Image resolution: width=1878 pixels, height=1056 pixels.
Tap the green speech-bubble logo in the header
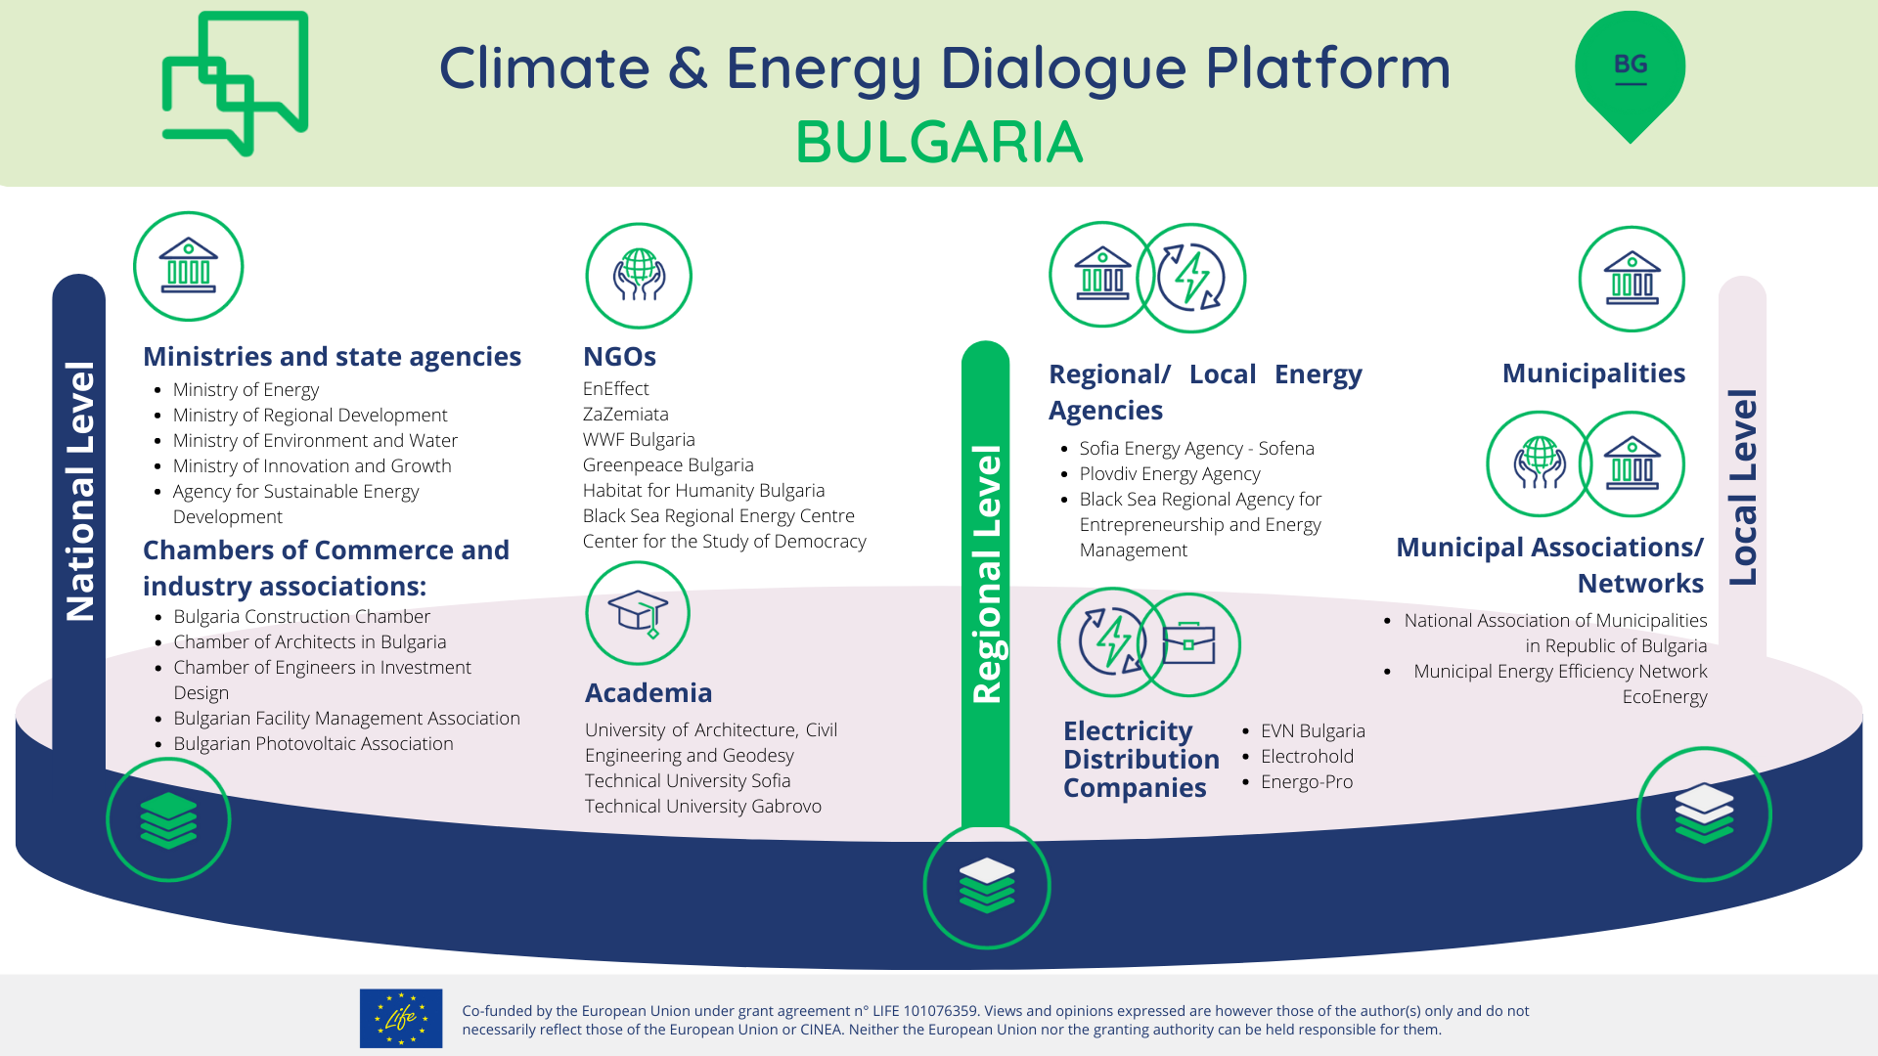(235, 84)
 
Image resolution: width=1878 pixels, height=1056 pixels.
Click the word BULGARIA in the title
(939, 143)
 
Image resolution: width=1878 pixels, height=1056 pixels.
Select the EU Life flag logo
(401, 1018)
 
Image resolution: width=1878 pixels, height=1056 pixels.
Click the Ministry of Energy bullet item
(246, 390)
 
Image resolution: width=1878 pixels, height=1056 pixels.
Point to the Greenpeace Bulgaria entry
(668, 465)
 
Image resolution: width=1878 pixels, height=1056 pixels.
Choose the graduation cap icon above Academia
(638, 614)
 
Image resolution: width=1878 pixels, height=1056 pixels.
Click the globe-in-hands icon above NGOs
(639, 276)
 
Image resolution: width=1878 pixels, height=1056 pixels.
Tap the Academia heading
(648, 692)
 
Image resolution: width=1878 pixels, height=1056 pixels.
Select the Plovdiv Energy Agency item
(1170, 474)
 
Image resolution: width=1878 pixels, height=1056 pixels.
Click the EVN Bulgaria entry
(1313, 731)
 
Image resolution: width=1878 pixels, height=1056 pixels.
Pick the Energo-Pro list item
(1307, 782)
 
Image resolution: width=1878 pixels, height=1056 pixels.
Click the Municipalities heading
(1593, 374)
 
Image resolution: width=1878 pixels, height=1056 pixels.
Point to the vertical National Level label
(79, 491)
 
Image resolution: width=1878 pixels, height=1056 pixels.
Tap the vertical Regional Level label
(986, 574)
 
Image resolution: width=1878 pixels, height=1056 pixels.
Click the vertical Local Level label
(1743, 487)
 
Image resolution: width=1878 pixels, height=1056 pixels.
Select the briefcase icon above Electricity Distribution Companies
(1188, 644)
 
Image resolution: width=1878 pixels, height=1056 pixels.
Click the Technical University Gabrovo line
(702, 807)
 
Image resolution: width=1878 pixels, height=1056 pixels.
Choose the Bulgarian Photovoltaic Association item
(313, 744)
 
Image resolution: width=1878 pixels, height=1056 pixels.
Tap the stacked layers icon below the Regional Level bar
(987, 886)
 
